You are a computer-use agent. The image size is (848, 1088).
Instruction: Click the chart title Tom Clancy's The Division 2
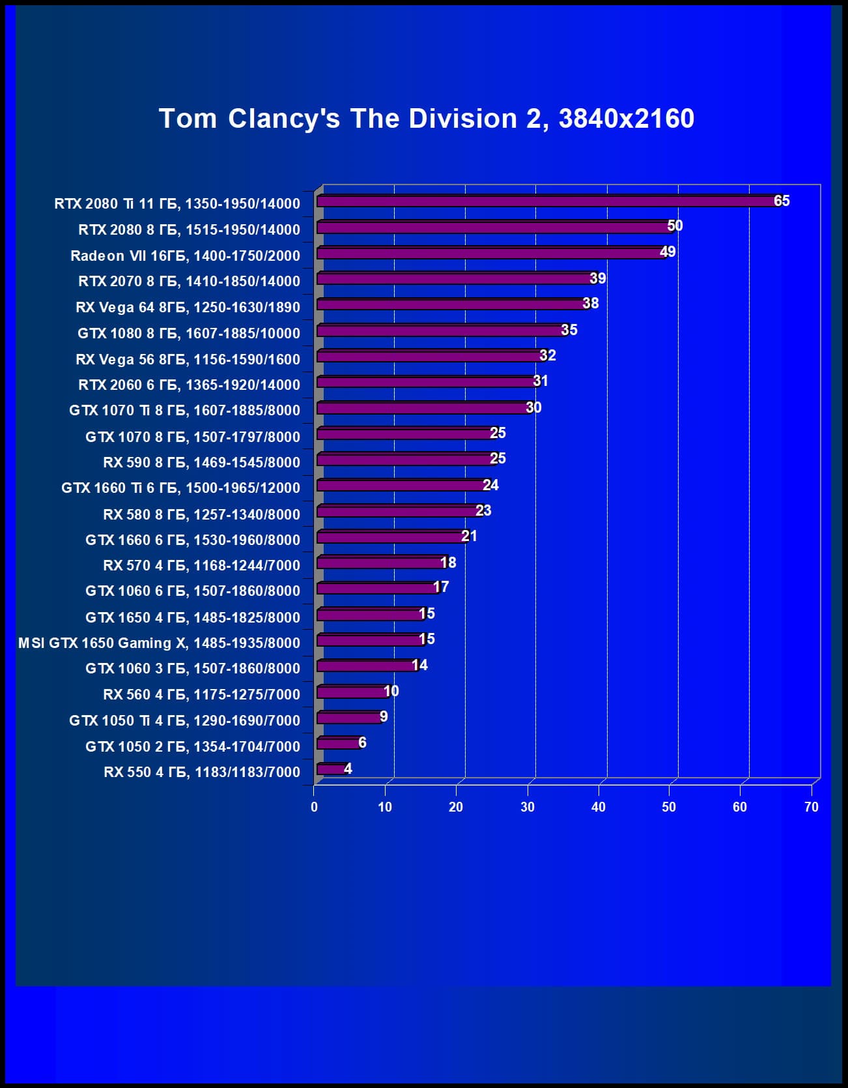coord(427,119)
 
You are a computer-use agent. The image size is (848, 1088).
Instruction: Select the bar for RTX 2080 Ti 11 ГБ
coord(547,201)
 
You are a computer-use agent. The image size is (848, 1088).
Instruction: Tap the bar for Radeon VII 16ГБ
coord(492,253)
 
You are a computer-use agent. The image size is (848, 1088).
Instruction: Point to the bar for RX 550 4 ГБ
coord(332,769)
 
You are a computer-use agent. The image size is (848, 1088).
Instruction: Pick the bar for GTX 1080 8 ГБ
coord(440,331)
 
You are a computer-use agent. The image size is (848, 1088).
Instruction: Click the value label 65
coord(782,201)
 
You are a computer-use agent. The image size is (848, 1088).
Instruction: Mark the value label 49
coord(668,252)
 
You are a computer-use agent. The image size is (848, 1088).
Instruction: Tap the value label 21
coord(469,536)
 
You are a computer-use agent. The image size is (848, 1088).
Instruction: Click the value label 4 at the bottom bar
coord(348,769)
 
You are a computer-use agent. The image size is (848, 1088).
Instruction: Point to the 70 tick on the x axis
coord(811,807)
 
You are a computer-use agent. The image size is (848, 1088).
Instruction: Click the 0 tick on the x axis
coord(314,807)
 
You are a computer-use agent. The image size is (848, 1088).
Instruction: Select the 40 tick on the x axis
coord(598,807)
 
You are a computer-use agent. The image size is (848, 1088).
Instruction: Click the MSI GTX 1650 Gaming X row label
coord(160,643)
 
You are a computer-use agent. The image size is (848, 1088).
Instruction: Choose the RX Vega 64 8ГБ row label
coord(188,307)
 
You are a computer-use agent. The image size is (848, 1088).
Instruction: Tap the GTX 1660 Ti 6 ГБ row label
coord(180,488)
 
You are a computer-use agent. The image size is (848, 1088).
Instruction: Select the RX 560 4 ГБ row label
coord(201,694)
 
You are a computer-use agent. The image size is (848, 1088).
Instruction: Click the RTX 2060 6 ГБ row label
coord(189,385)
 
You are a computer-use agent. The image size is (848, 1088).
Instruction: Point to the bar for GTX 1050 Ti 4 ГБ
coord(349,718)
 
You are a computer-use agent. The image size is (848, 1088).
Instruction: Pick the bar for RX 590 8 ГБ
coord(405,460)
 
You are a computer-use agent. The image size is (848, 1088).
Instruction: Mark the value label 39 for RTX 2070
coord(598,278)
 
